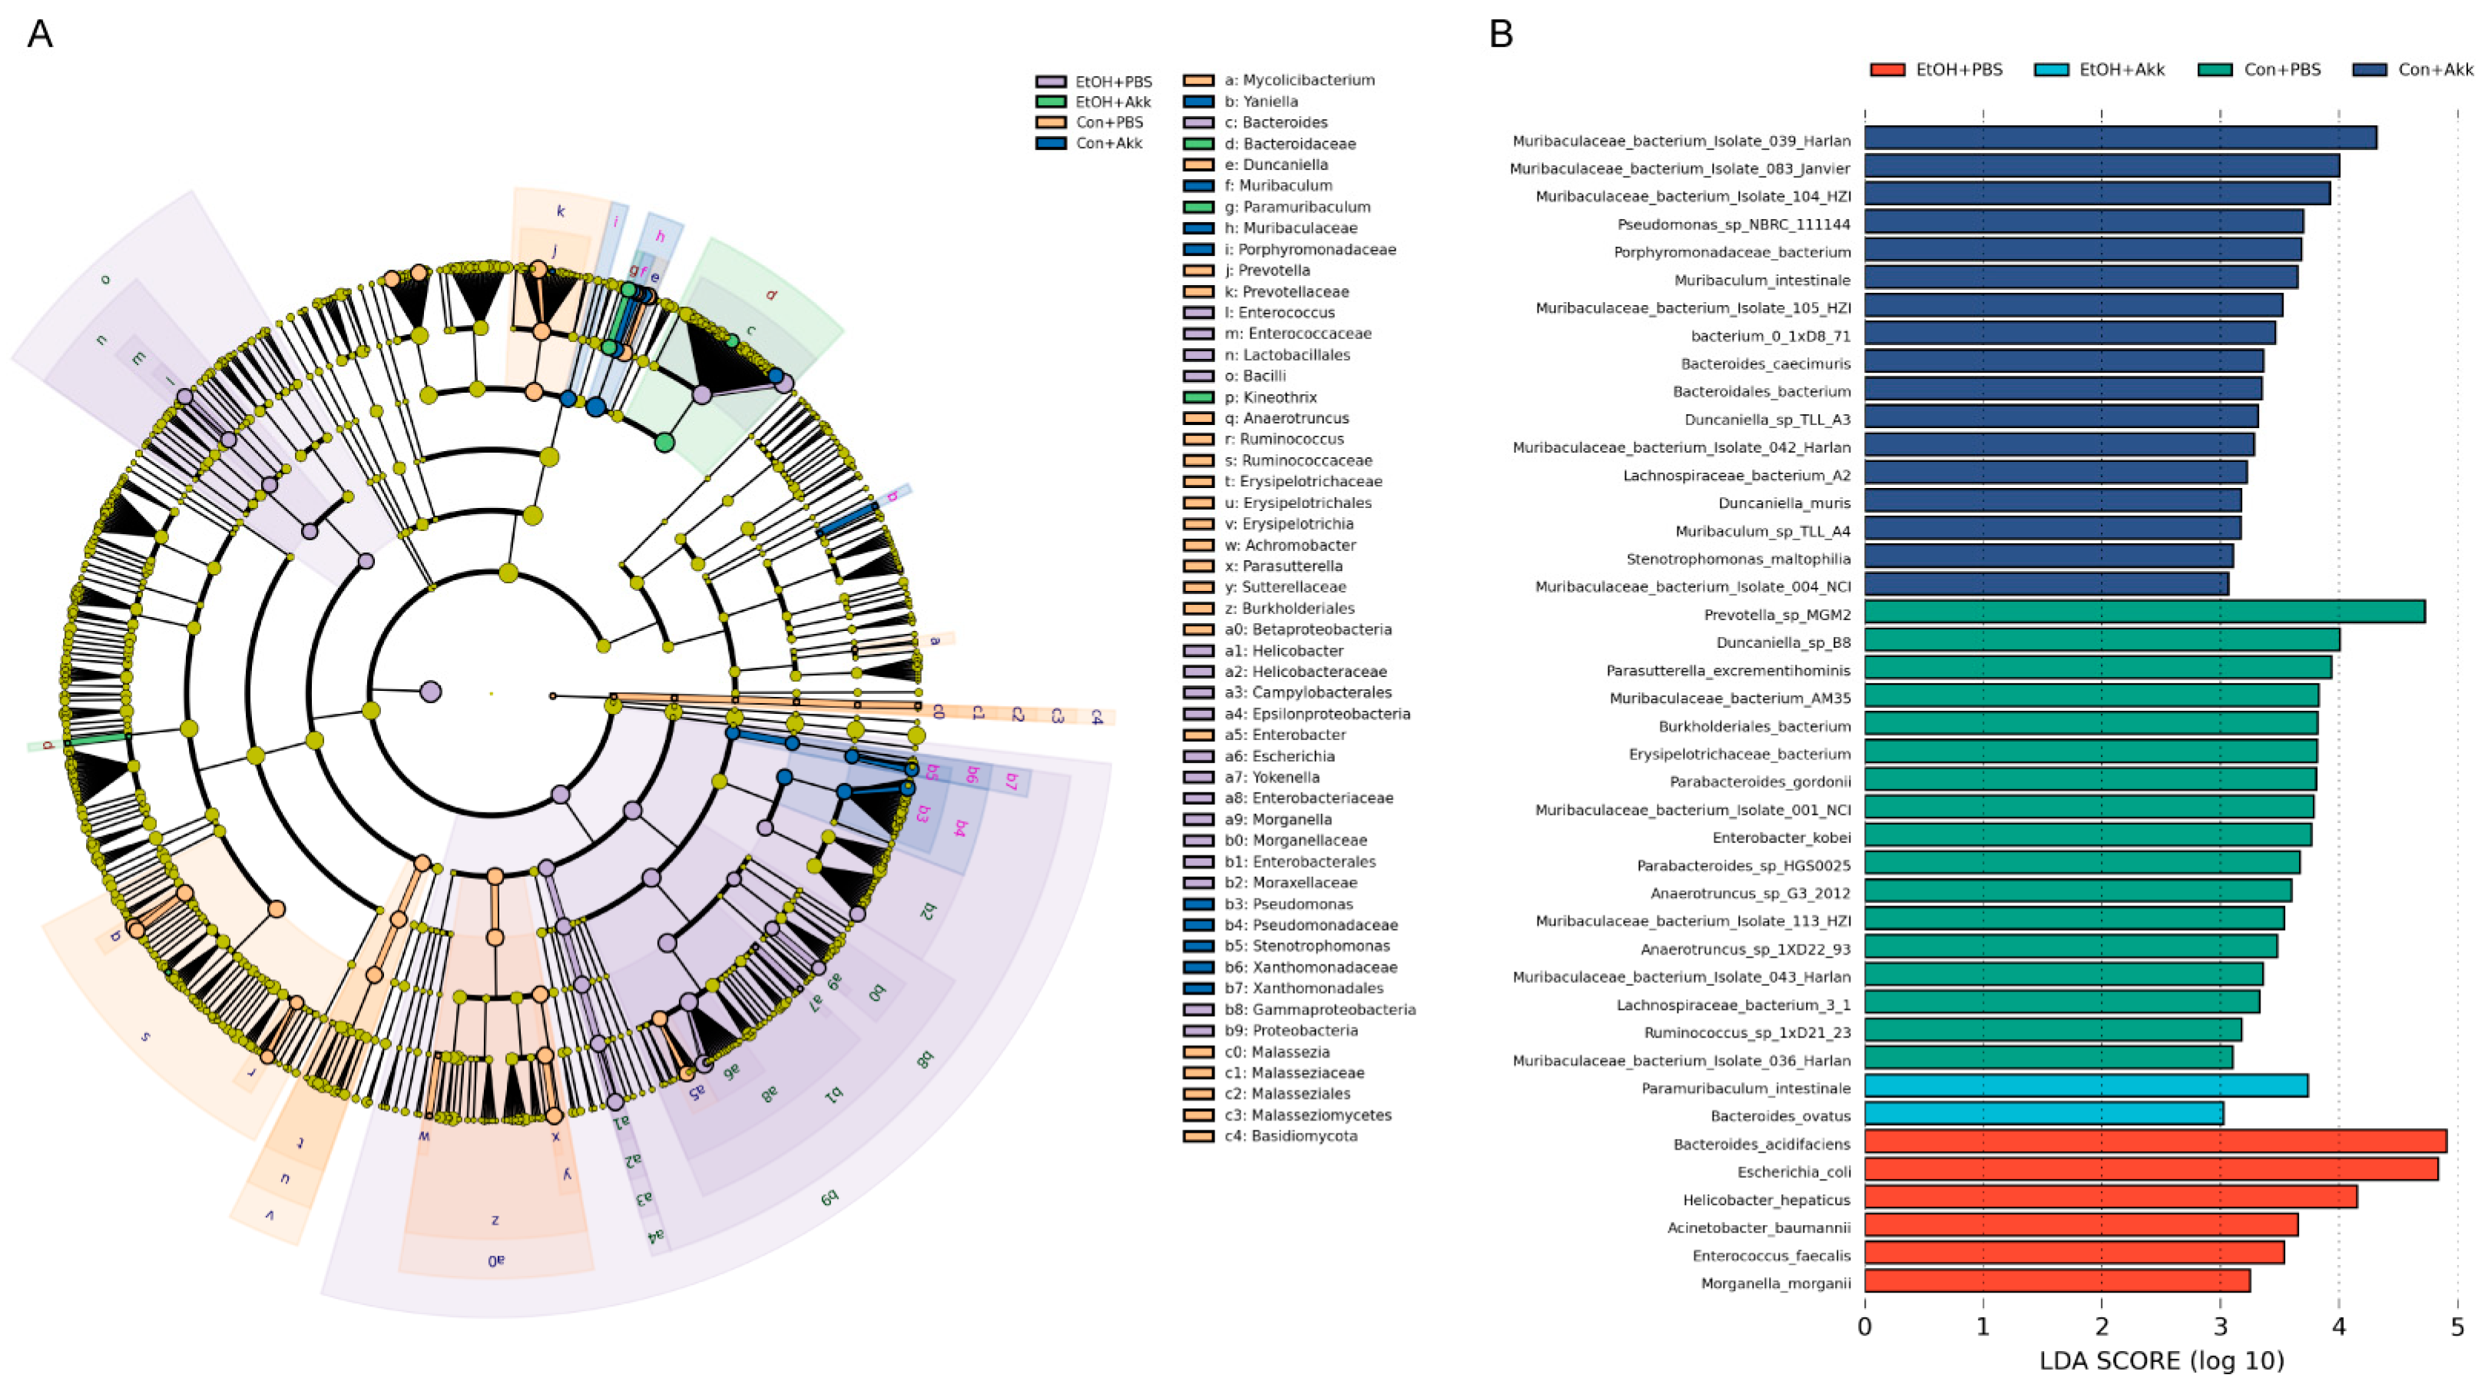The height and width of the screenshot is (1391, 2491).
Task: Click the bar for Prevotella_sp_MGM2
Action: [2144, 611]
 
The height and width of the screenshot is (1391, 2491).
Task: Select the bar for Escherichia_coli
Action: [2151, 1170]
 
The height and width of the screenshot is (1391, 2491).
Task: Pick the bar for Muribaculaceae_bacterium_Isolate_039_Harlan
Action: [2120, 138]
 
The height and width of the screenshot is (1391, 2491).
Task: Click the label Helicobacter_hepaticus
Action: [1766, 1200]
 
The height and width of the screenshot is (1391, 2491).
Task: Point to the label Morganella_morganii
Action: [1775, 1283]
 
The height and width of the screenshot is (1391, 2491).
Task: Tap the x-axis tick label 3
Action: [2219, 1327]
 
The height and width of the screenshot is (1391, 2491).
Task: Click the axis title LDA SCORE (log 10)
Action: [2161, 1361]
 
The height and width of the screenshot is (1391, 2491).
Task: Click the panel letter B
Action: [1500, 35]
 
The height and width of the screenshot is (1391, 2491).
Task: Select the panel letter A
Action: [40, 35]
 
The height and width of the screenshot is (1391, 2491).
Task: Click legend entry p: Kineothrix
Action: [1270, 397]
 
